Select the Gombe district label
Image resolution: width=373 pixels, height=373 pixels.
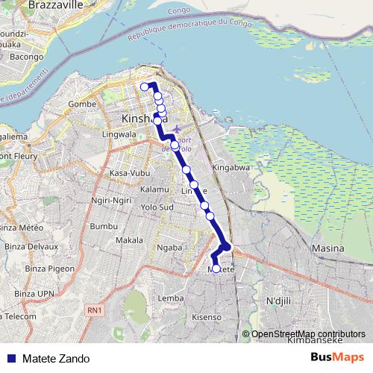coord(83,104)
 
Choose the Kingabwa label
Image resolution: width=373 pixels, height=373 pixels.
coord(230,168)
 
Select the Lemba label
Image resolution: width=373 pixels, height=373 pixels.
coord(170,298)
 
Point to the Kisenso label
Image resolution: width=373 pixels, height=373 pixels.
coord(207,317)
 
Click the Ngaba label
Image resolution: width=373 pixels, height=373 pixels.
coord(169,247)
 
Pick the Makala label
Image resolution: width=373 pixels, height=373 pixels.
coord(129,240)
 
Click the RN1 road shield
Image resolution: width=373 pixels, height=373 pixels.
coord(93,310)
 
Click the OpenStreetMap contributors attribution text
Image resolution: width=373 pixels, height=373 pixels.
coord(308,334)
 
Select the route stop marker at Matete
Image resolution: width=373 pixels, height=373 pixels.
coord(216,269)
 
